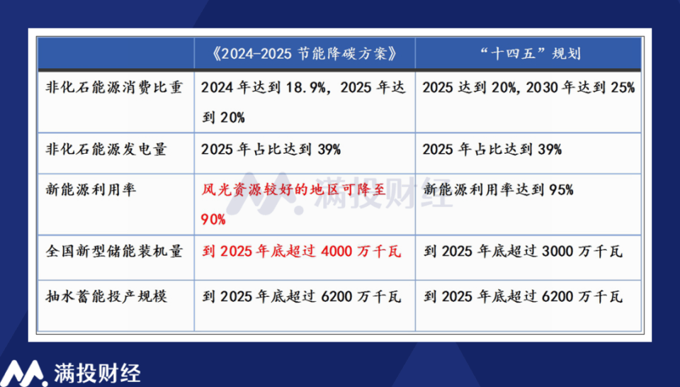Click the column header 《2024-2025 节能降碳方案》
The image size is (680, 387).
pyautogui.click(x=303, y=54)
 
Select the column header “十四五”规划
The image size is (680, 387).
pyautogui.click(x=528, y=54)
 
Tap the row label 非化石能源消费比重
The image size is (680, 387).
pyautogui.click(x=113, y=87)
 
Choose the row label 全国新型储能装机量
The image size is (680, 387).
pyautogui.click(x=113, y=252)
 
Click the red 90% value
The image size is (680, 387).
pyautogui.click(x=214, y=220)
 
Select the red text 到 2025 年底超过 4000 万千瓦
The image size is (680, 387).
pyautogui.click(x=302, y=252)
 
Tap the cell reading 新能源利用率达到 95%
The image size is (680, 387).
pyautogui.click(x=498, y=190)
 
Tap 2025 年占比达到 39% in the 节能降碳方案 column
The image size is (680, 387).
pyautogui.click(x=271, y=149)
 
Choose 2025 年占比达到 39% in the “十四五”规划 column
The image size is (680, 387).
pyautogui.click(x=492, y=149)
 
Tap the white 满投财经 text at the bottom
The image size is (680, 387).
pyautogui.click(x=97, y=373)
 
